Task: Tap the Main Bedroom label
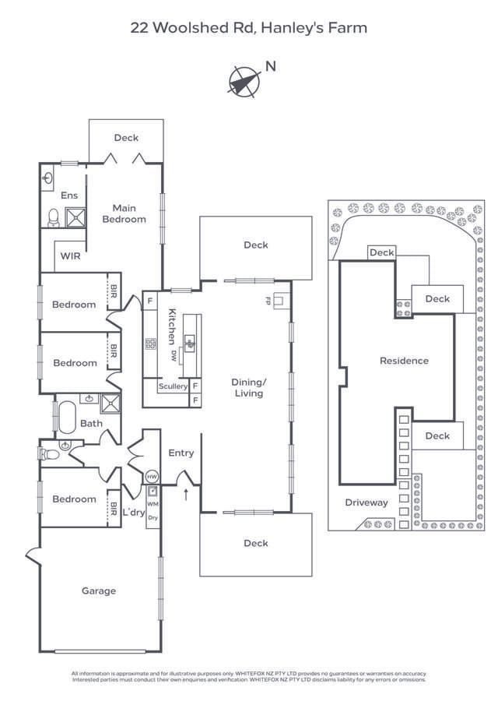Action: [x=124, y=213]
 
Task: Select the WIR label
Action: [x=69, y=256]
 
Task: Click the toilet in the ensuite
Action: [x=53, y=217]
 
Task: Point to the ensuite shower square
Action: [x=75, y=218]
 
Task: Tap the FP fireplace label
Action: [x=268, y=299]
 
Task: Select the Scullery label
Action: [x=173, y=386]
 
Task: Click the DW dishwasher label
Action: [x=174, y=355]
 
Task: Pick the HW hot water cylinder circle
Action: [x=152, y=477]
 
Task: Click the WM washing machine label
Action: [x=152, y=504]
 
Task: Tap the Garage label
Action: [x=99, y=590]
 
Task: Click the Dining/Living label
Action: [x=248, y=388]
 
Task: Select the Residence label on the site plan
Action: [x=404, y=361]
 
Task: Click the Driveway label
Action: [x=366, y=502]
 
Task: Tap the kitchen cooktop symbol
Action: [x=150, y=343]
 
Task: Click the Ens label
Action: [x=69, y=196]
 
